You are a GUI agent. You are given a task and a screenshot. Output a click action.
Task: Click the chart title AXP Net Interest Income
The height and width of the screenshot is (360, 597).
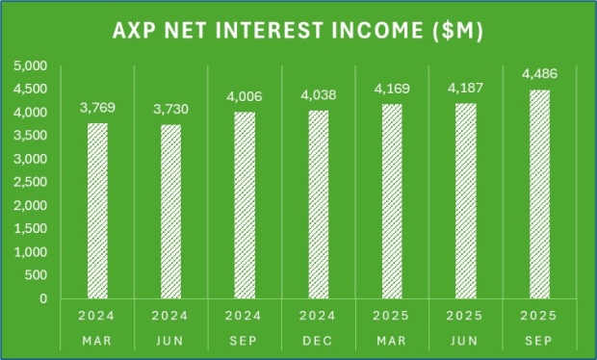pos(298,31)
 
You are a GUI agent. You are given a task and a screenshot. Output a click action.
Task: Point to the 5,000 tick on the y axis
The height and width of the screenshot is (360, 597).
pos(33,66)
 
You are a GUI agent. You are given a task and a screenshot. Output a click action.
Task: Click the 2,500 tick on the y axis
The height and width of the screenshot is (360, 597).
pos(33,182)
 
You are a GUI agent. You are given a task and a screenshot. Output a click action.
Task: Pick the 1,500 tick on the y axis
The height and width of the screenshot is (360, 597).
pos(33,229)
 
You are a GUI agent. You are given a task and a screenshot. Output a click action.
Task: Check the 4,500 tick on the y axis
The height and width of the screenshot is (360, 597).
pos(33,90)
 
